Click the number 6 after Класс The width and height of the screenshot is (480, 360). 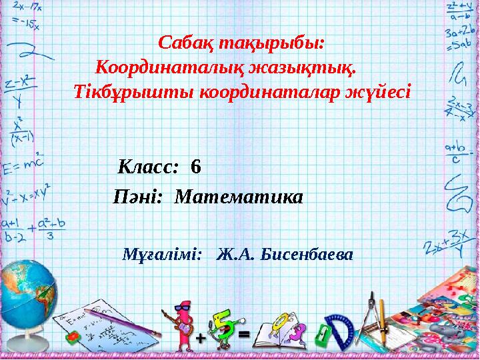(x=195, y=166)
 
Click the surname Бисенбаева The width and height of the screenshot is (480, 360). (x=308, y=255)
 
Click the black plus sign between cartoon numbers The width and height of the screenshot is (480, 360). (x=200, y=339)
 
